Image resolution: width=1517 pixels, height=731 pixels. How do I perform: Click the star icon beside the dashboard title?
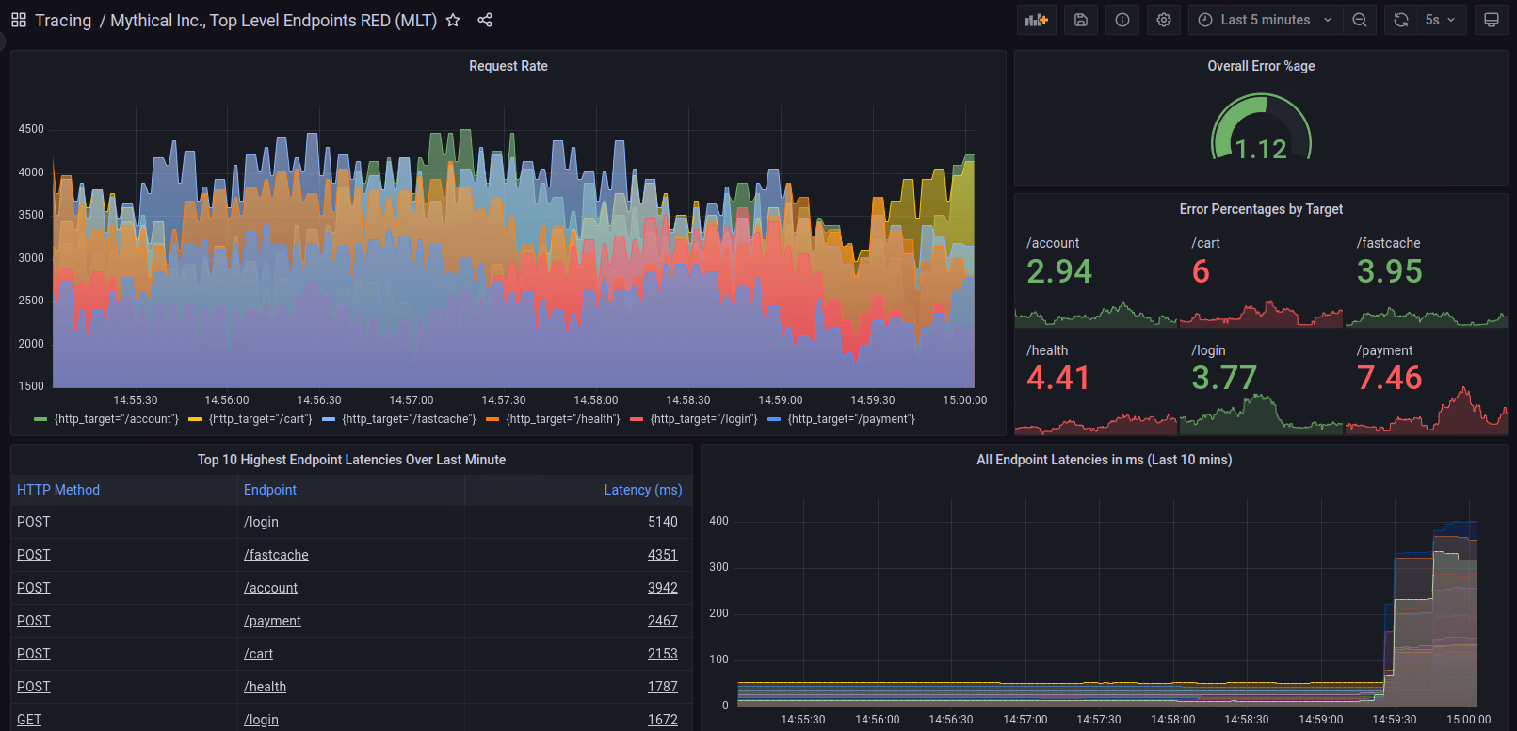tap(453, 20)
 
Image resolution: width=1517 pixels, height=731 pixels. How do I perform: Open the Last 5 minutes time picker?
tap(1265, 20)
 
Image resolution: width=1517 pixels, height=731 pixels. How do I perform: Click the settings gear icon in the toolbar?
tap(1164, 20)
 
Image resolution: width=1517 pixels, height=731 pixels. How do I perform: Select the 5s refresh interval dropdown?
tap(1440, 20)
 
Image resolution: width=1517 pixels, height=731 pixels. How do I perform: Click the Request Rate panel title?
tap(508, 66)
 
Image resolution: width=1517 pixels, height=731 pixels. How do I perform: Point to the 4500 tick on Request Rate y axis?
tap(31, 129)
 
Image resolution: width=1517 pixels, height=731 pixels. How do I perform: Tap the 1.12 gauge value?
tap(1261, 149)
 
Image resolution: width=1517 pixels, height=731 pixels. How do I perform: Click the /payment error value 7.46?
tap(1389, 378)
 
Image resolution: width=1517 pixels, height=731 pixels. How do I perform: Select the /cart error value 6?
tap(1201, 271)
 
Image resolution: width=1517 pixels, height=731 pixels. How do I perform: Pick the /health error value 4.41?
tap(1057, 378)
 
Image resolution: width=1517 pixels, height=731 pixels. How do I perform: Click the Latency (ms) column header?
tap(642, 490)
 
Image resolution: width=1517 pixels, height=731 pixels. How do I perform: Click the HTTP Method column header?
tap(58, 490)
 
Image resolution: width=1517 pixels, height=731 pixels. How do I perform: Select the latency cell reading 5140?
tap(662, 522)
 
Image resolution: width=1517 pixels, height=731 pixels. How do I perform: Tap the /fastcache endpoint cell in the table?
tap(276, 555)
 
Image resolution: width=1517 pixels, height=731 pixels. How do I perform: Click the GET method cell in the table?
tap(29, 720)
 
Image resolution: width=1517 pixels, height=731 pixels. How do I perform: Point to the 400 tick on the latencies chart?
tap(718, 521)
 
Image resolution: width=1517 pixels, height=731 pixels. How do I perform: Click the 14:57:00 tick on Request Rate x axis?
tap(412, 400)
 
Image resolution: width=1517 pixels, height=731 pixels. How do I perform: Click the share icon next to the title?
tap(485, 20)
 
